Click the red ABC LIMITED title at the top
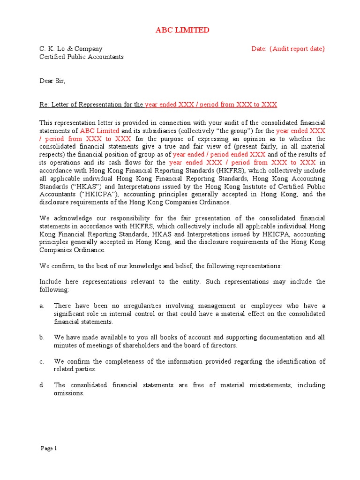pos(182,30)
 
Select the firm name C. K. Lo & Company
pos(71,49)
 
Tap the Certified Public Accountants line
pos(82,57)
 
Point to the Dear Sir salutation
pos(52,81)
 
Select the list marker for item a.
pos(42,306)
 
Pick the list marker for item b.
pos(42,337)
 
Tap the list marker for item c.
pos(42,361)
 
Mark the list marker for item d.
pos(42,385)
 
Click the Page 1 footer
pos(49,449)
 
